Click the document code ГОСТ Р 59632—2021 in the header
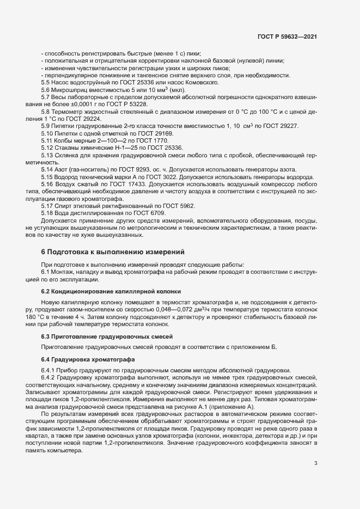point(287,36)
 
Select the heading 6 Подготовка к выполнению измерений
point(113,252)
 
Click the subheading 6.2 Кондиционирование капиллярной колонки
point(110,292)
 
